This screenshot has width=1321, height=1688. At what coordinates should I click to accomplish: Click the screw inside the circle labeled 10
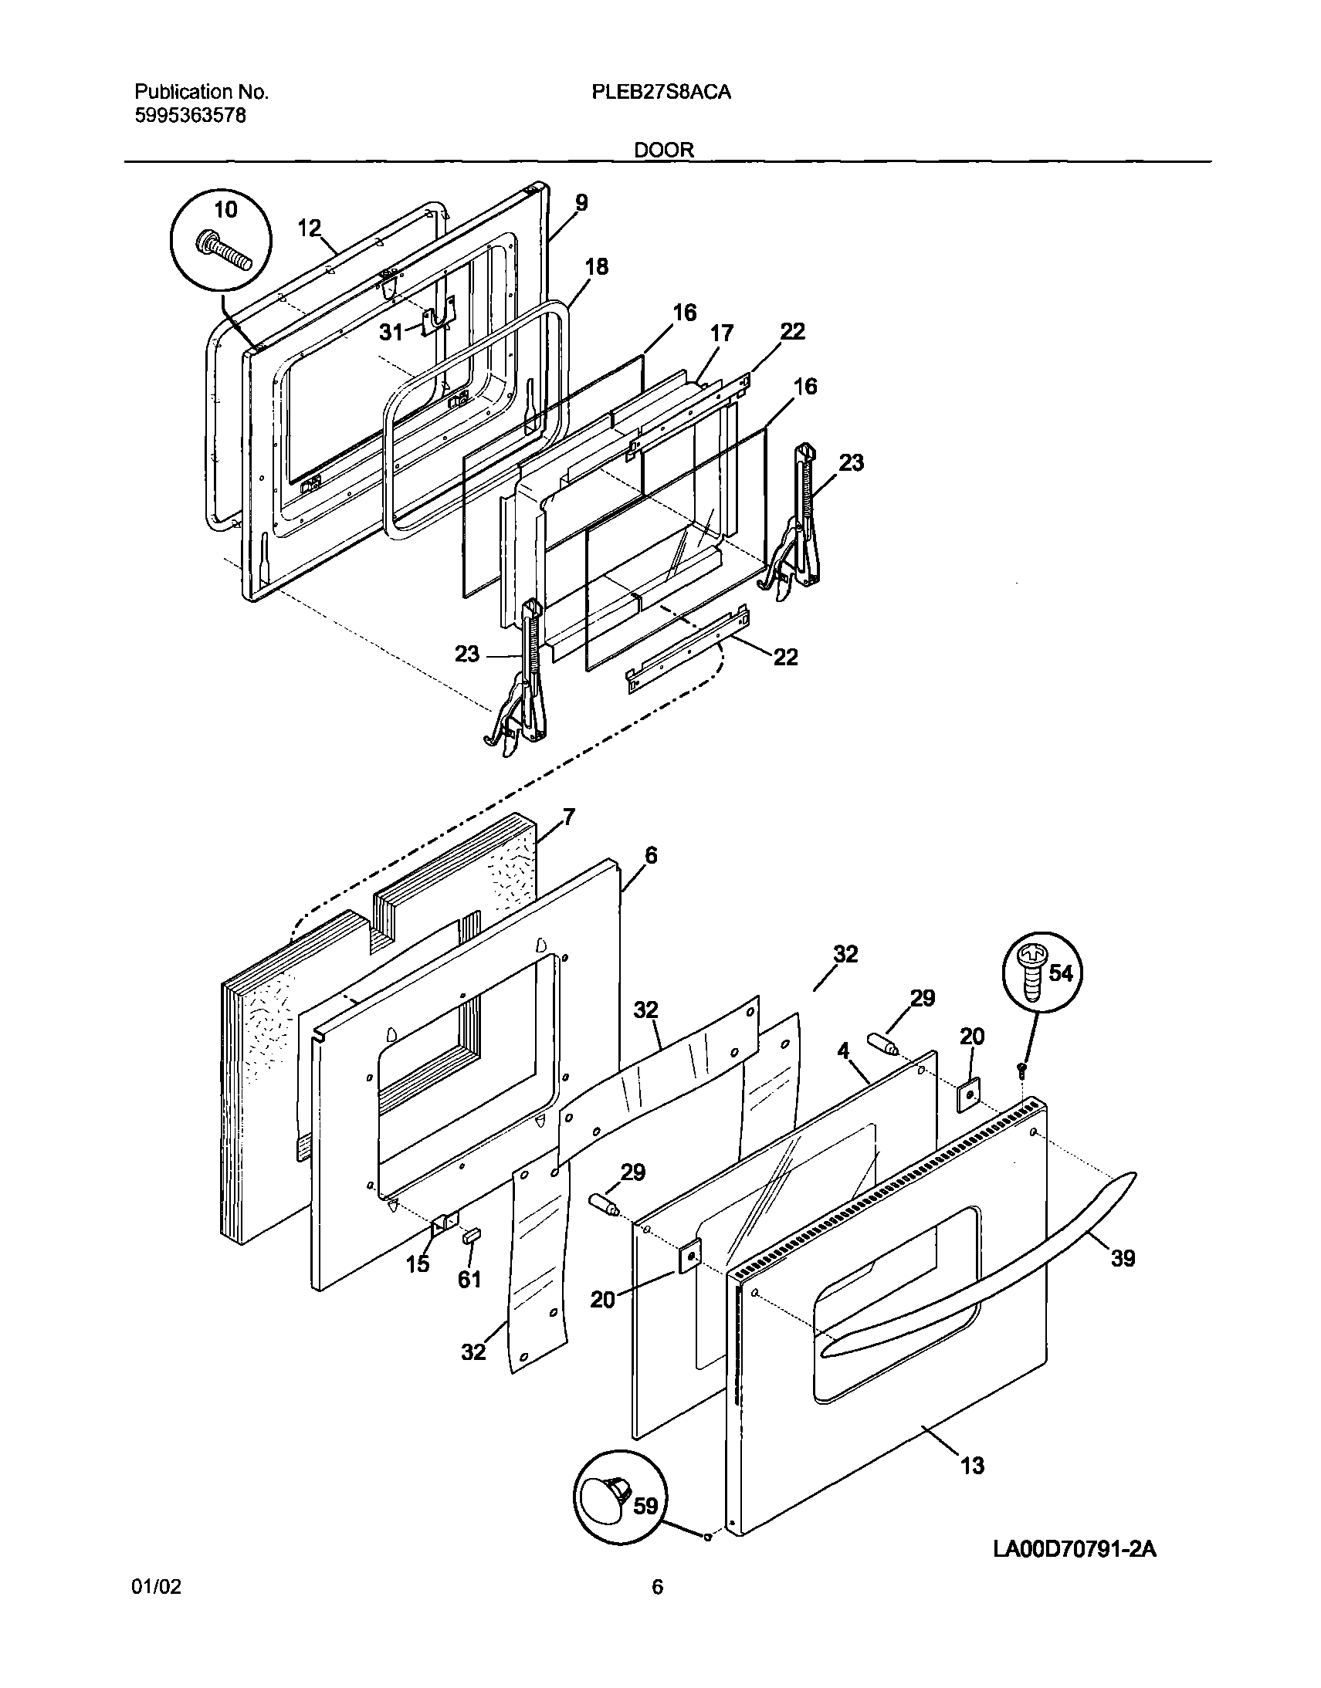pos(226,251)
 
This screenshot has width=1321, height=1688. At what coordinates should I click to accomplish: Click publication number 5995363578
pos(190,116)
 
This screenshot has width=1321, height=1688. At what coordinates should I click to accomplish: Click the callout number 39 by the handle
pos(1123,1258)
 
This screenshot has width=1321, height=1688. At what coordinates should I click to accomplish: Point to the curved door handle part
pos(1005,1252)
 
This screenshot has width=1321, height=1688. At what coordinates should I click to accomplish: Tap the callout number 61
pos(469,1280)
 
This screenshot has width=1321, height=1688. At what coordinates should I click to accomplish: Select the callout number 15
pos(418,1264)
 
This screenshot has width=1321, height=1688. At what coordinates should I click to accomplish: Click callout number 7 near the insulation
pos(568,817)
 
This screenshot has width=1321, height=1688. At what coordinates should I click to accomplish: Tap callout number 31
pos(391,333)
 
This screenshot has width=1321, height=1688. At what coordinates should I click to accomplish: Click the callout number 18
pos(596,267)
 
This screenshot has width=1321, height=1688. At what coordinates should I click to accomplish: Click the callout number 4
pos(843,1050)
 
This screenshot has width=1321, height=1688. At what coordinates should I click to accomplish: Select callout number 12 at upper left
pos(309,228)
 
